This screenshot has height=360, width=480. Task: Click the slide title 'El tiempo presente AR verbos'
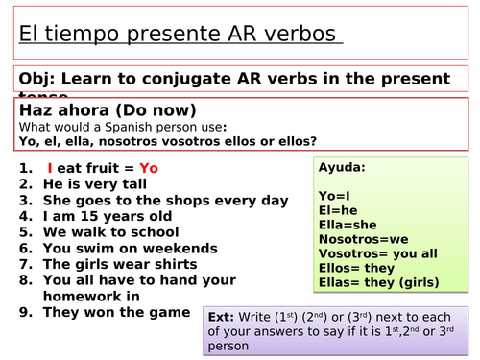180,35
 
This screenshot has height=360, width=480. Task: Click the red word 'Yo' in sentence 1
149,167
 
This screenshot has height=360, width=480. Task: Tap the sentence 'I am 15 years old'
106,216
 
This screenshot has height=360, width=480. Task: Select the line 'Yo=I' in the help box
335,196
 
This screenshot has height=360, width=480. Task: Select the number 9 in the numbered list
23,313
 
